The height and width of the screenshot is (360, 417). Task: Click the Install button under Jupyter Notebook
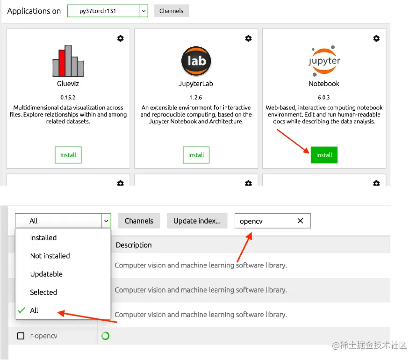pos(324,155)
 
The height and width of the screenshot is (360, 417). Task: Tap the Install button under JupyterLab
pos(196,155)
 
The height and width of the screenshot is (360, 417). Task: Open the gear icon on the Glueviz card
pos(121,38)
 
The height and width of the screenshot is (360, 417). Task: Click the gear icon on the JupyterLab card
pos(248,38)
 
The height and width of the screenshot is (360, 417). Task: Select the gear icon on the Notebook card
pos(376,38)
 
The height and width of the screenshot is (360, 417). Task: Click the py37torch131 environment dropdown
pos(108,11)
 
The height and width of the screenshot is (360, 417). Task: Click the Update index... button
pos(197,221)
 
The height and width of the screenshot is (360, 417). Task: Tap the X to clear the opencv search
pos(300,221)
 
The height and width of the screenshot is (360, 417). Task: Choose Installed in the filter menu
pos(43,238)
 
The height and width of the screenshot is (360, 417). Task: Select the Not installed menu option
pos(50,256)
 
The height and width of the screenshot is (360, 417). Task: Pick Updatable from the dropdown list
pos(46,274)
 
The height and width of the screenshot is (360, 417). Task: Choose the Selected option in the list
pos(43,292)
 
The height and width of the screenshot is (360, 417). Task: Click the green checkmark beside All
pos(22,310)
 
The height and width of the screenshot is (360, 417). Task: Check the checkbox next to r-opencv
pos(21,336)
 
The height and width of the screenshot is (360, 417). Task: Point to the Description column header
pos(134,245)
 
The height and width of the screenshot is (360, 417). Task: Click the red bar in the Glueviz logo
pos(62,63)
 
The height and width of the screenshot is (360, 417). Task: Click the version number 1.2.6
pos(196,98)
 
